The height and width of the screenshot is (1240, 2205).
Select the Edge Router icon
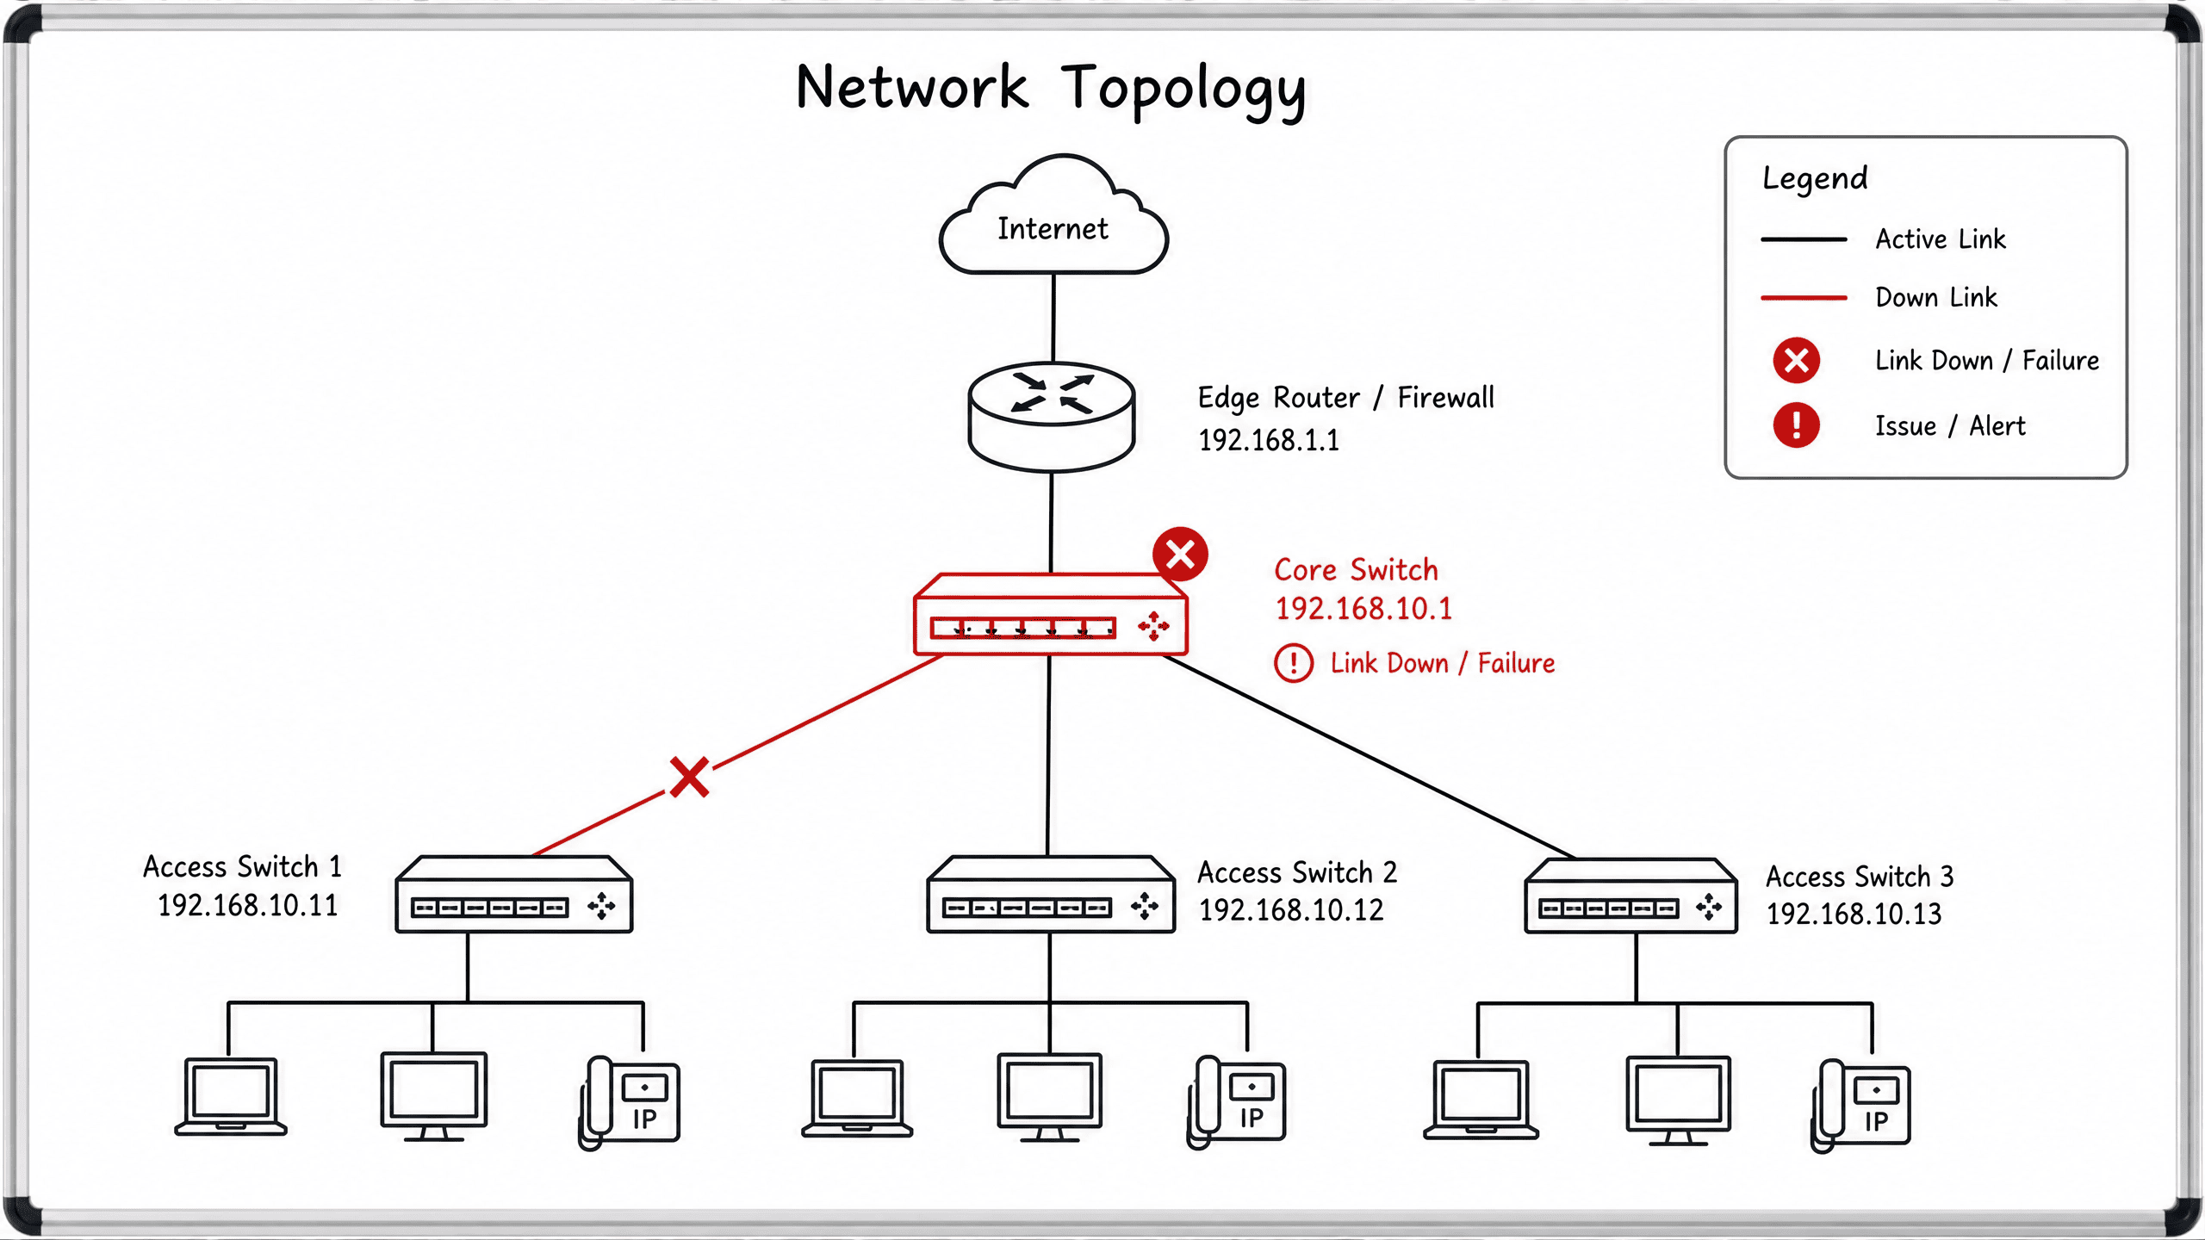[x=1052, y=417]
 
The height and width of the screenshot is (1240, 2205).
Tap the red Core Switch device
[x=1051, y=615]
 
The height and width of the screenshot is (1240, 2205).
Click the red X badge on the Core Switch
[x=1180, y=554]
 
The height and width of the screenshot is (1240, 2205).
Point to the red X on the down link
[x=690, y=777]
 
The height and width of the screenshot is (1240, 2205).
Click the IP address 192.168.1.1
[x=1269, y=440]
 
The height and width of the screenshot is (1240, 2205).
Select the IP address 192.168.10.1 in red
[x=1363, y=609]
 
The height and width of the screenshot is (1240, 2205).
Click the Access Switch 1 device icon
[x=514, y=894]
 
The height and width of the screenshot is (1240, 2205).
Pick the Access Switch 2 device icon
[x=1051, y=894]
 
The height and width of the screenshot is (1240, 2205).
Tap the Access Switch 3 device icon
[x=1630, y=896]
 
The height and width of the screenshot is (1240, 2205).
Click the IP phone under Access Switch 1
[x=630, y=1102]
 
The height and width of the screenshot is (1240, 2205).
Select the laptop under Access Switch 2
[x=857, y=1098]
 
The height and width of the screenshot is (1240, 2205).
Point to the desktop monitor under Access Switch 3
[x=1678, y=1100]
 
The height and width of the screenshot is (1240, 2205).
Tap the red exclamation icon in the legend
[x=1796, y=425]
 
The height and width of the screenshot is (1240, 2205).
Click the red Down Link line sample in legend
[x=1804, y=298]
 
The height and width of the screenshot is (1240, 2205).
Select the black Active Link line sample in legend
[x=1804, y=239]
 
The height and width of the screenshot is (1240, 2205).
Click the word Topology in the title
[x=1183, y=90]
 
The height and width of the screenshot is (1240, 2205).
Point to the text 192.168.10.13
[x=1854, y=914]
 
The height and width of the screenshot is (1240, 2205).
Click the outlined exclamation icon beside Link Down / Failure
[x=1294, y=663]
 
